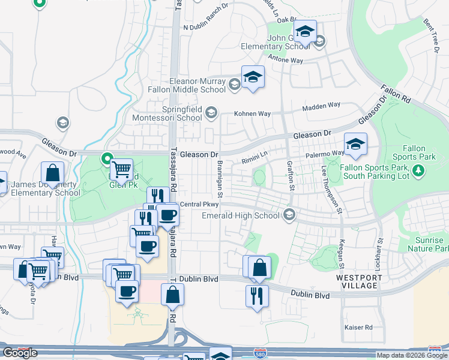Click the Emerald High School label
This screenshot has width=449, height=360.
(x=241, y=215)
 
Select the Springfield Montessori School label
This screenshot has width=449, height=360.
(x=182, y=113)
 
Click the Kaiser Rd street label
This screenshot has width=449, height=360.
(x=359, y=328)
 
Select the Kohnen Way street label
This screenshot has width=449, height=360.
(x=253, y=114)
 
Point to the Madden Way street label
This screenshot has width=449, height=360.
(x=321, y=106)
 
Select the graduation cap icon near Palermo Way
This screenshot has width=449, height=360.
(x=355, y=144)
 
